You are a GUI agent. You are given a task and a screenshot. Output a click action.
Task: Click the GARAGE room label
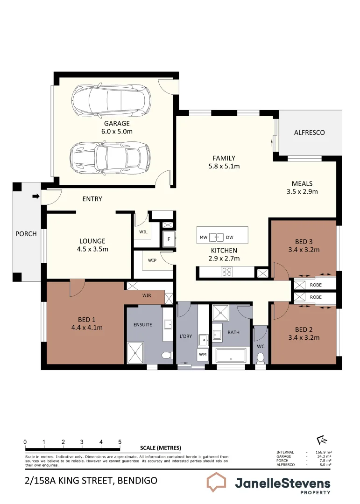pyautogui.click(x=117, y=124)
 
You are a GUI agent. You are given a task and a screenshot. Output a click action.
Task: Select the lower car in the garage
pyautogui.click(x=110, y=157)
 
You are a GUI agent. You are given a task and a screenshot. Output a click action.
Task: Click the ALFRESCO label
pyautogui.click(x=309, y=133)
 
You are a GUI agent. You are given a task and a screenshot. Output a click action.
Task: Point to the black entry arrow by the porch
pyautogui.click(x=35, y=196)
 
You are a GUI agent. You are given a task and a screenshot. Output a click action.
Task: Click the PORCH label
pyautogui.click(x=26, y=233)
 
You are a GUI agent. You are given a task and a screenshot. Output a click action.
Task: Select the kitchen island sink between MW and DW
pyautogui.click(x=217, y=238)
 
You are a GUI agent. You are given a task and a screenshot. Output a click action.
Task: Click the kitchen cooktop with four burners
pyautogui.click(x=227, y=272)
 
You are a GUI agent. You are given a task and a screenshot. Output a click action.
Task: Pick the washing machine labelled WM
pyautogui.click(x=203, y=355)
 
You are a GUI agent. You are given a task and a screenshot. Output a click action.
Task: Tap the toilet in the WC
pyautogui.click(x=261, y=357)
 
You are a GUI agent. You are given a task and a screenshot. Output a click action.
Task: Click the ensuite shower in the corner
pyautogui.click(x=135, y=352)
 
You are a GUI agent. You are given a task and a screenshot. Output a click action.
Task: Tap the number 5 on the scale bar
pyautogui.click(x=120, y=442)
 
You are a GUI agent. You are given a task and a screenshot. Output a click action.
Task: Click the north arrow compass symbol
pyautogui.click(x=321, y=440)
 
